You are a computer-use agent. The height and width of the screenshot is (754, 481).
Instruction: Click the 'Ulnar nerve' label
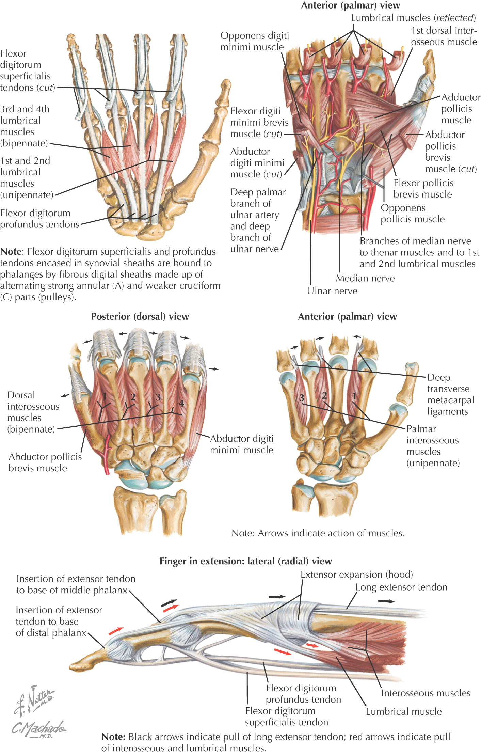tap(332, 291)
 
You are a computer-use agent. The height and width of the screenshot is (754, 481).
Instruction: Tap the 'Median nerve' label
tap(365, 278)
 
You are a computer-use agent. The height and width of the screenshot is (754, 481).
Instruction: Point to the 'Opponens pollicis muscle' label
tap(412, 214)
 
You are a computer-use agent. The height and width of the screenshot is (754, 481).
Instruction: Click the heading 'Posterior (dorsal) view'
tap(140, 316)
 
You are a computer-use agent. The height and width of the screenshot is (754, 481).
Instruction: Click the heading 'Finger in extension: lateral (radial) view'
tap(245, 561)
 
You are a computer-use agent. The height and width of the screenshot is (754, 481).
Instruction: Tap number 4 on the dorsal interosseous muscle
tap(181, 403)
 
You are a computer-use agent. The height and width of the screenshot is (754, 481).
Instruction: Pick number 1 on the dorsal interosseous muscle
tap(105, 396)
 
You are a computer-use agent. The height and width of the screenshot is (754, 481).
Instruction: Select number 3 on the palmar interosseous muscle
tap(302, 398)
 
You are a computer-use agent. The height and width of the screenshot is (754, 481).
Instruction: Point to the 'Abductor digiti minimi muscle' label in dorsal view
tap(241, 444)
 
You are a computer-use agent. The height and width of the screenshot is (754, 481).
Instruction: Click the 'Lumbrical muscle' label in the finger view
tap(404, 711)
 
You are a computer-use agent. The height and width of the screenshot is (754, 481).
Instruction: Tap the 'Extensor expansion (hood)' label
tap(356, 575)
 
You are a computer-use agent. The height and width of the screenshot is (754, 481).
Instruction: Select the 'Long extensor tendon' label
tap(401, 587)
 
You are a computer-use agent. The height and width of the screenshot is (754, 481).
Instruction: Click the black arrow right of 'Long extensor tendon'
tap(386, 601)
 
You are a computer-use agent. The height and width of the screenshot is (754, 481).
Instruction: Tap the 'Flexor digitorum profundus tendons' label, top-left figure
tap(39, 219)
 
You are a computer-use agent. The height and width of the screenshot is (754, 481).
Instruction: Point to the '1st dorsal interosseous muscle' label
tap(444, 36)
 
